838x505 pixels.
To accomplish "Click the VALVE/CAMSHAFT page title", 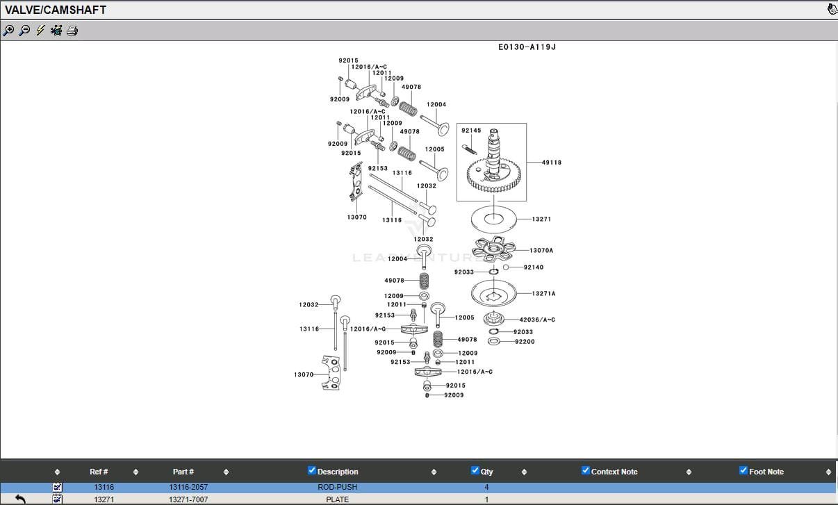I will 56,10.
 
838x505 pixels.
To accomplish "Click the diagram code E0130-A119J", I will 527,47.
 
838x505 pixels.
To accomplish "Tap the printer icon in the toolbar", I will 72,31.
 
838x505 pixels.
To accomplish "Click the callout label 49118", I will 551,163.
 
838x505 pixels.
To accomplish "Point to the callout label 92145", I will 471,131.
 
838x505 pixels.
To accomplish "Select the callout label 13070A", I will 541,251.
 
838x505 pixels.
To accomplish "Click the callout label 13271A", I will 543,294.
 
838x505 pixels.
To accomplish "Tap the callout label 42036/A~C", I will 537,320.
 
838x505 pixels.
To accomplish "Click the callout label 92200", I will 525,342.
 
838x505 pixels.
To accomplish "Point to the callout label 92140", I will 533,267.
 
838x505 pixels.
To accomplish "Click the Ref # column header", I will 99,472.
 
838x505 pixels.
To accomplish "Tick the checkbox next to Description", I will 312,470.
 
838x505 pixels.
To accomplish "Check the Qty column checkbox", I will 475,470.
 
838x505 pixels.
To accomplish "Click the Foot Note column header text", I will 766,472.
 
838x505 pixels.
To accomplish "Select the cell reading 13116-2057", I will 188,488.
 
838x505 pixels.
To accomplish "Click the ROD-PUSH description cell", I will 337,488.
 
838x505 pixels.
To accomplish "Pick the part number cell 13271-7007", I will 188,499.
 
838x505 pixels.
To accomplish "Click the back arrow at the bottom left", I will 20,499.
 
